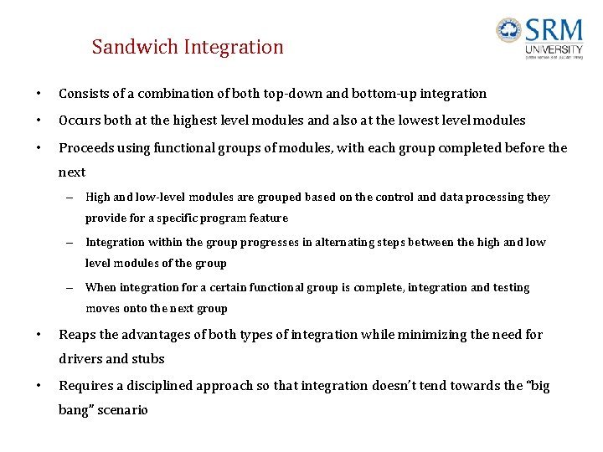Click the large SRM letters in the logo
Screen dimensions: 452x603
(554, 32)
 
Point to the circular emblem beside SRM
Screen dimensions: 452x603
(508, 31)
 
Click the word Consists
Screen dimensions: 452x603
(83, 94)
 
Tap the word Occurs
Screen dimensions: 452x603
(80, 120)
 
